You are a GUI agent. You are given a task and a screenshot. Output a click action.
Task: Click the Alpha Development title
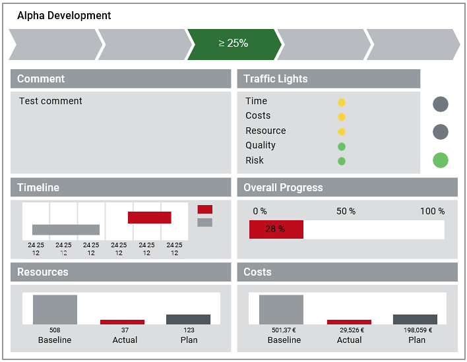64,15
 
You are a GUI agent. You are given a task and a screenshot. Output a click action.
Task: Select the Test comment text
51,101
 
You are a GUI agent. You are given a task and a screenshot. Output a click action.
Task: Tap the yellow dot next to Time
342,102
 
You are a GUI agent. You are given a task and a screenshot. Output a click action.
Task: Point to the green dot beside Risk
342,161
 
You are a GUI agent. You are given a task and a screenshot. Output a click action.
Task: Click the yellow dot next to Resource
342,132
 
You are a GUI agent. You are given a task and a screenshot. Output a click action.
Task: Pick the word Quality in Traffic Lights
261,145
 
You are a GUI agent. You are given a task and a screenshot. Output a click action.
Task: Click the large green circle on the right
441,160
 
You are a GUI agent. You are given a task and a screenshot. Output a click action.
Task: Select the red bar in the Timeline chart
149,218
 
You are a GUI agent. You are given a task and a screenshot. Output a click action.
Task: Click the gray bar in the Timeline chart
66,230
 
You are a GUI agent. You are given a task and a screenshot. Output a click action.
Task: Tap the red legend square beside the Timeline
205,209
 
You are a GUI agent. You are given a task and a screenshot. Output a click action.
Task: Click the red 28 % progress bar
276,229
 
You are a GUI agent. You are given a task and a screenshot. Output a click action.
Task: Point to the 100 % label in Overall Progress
432,211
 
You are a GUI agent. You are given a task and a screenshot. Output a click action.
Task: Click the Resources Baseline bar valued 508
55,309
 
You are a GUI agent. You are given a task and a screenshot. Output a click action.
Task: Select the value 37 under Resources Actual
125,330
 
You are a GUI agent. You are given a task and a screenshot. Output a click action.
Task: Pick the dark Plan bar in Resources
188,319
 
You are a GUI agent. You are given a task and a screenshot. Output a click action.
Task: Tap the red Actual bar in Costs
349,322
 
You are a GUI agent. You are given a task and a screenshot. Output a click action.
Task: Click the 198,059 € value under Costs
417,330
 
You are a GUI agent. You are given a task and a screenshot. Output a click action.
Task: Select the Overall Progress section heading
283,187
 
